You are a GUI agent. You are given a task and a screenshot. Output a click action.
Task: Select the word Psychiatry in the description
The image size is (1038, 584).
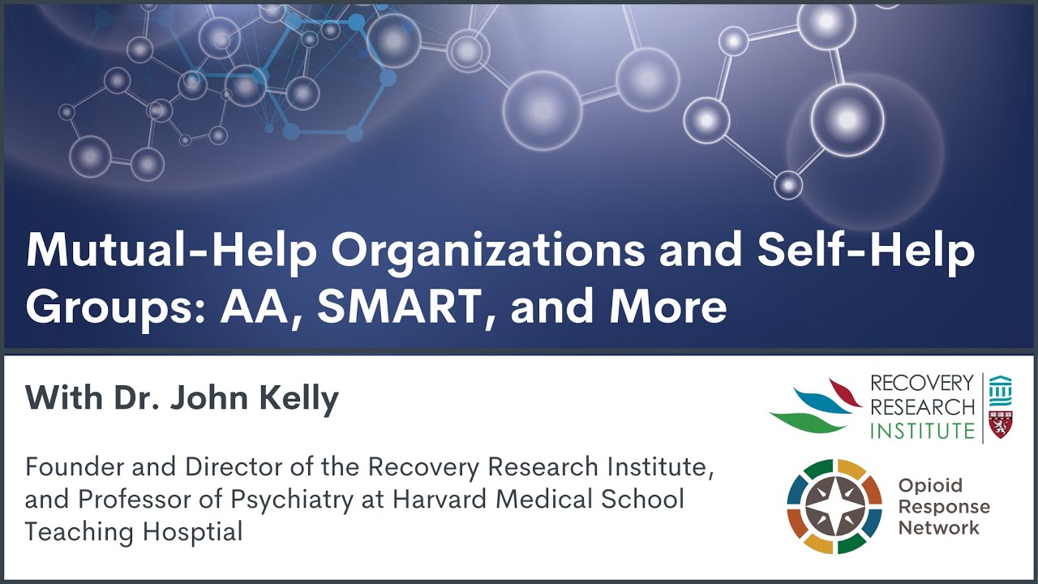(x=290, y=499)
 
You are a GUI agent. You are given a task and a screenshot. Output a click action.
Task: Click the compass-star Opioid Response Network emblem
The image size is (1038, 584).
(x=834, y=506)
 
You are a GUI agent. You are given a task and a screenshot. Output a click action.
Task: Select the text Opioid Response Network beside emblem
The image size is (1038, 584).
(x=943, y=507)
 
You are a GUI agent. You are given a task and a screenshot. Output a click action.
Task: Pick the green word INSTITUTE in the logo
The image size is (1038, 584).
(x=922, y=430)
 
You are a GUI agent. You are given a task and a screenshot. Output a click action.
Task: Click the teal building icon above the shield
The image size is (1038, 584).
(x=1000, y=389)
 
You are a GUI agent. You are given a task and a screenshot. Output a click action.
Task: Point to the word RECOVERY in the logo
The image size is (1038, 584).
(x=922, y=383)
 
